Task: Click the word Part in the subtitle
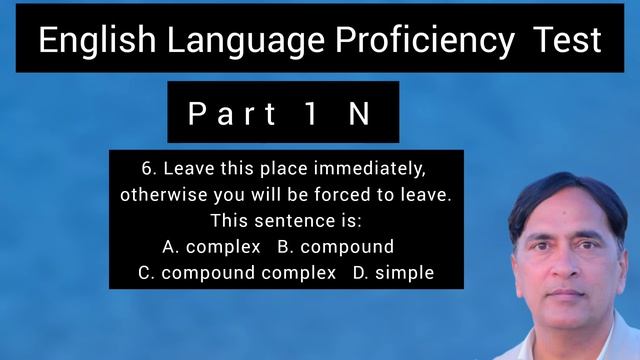pos(232,114)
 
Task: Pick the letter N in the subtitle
pos(359,114)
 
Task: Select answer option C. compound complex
pos(236,273)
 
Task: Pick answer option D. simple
pos(393,273)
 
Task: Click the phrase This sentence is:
pos(285,220)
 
